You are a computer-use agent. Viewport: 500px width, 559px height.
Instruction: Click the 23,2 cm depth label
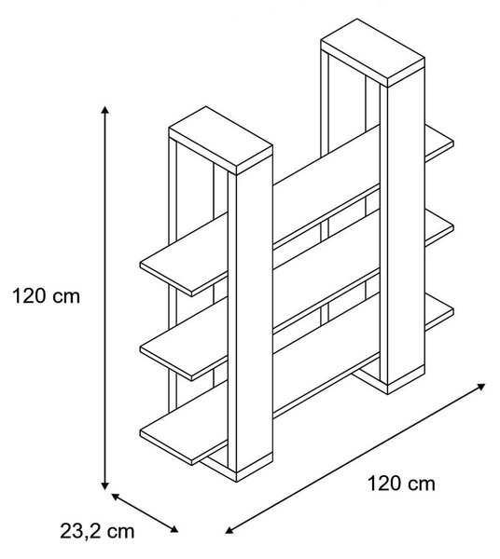click(x=97, y=531)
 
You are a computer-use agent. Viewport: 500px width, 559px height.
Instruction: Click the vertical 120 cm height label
click(x=47, y=296)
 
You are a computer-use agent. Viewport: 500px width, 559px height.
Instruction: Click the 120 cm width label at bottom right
click(x=401, y=484)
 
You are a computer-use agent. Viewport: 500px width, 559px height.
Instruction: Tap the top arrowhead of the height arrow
click(x=104, y=109)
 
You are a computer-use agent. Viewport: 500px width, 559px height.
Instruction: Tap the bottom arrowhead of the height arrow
click(x=104, y=485)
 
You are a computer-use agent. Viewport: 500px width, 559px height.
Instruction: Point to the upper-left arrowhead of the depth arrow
click(x=115, y=496)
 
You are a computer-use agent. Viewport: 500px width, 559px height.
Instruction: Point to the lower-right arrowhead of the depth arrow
click(x=174, y=529)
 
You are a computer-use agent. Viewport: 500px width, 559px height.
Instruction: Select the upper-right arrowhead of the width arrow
click(x=481, y=387)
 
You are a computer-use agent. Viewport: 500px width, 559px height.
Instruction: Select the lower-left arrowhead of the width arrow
click(x=229, y=530)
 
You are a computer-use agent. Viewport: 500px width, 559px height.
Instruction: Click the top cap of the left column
click(x=220, y=140)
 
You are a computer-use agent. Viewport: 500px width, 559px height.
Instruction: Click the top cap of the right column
click(x=372, y=52)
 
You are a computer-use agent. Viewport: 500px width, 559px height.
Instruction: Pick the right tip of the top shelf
click(x=452, y=144)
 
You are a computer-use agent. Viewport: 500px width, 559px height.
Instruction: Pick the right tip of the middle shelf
click(x=452, y=228)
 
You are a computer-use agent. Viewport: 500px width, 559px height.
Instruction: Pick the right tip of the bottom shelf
click(x=452, y=311)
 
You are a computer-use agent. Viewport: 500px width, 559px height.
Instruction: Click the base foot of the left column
click(x=237, y=468)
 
